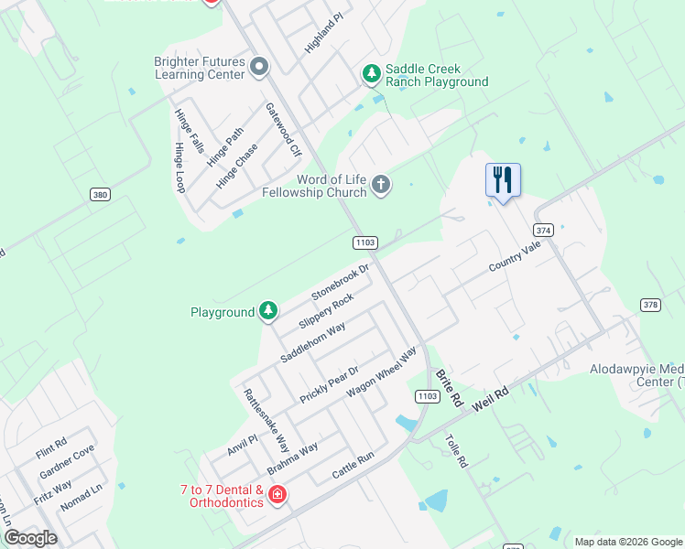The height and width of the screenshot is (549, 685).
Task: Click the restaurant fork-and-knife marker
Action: pyautogui.click(x=502, y=178)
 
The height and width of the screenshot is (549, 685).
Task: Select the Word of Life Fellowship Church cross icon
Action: pyautogui.click(x=381, y=187)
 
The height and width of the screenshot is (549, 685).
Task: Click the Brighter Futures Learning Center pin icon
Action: pyautogui.click(x=258, y=67)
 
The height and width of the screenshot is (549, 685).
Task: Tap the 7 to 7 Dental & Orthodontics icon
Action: pyautogui.click(x=277, y=496)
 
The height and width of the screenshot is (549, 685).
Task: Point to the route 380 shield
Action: pyautogui.click(x=100, y=195)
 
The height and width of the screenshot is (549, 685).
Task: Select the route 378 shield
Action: pyautogui.click(x=650, y=305)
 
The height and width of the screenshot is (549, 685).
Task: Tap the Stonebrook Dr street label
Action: pyautogui.click(x=340, y=283)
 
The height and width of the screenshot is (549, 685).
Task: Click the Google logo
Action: pyautogui.click(x=29, y=538)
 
